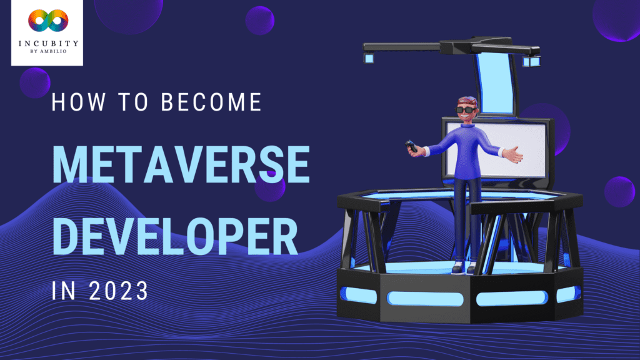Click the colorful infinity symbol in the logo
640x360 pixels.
(x=47, y=22)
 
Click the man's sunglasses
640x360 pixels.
(x=464, y=111)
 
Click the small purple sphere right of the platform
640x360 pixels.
(x=619, y=191)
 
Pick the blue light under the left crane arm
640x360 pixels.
(x=368, y=58)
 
